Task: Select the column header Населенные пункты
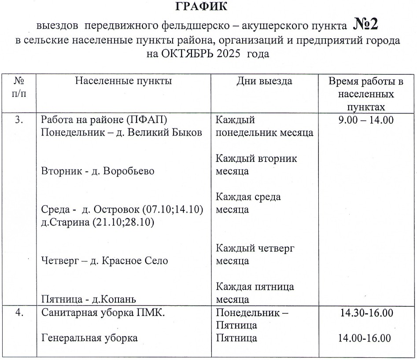click(x=123, y=81)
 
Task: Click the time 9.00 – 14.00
click(x=366, y=120)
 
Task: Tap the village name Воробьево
click(x=129, y=171)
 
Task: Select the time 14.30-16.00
click(x=366, y=313)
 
